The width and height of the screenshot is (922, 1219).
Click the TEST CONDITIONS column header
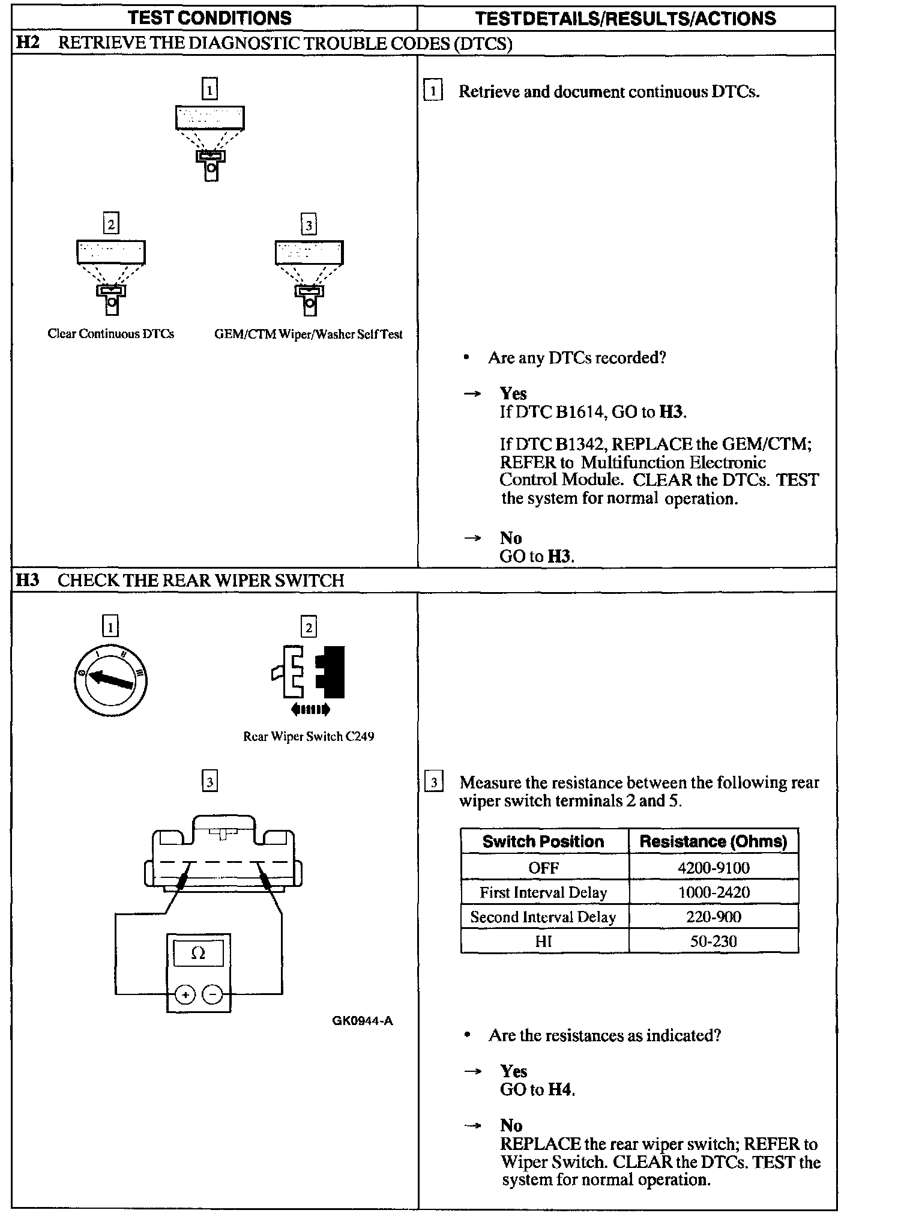tap(209, 18)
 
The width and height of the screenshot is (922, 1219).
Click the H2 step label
tap(28, 43)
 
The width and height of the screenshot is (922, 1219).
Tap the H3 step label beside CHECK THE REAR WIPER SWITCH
tap(28, 580)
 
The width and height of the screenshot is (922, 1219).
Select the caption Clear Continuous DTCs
tap(111, 334)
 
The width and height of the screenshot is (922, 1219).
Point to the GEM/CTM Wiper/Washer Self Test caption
tap(308, 334)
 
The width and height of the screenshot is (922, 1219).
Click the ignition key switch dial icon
tap(110, 680)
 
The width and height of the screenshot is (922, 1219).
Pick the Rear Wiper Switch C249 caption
tap(309, 736)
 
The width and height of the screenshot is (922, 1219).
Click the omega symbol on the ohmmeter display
tap(198, 953)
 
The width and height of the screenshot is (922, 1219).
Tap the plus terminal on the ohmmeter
tap(185, 995)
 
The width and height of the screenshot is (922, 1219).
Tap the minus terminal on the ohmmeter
tap(212, 995)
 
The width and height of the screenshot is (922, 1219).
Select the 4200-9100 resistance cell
tap(713, 868)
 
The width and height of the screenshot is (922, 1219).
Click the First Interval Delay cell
tap(543, 892)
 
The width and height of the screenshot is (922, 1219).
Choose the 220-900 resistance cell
tap(713, 917)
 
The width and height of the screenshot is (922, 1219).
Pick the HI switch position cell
tap(543, 942)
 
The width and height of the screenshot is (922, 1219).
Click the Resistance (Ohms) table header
tap(713, 841)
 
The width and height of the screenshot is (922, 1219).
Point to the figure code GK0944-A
tap(362, 1021)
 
